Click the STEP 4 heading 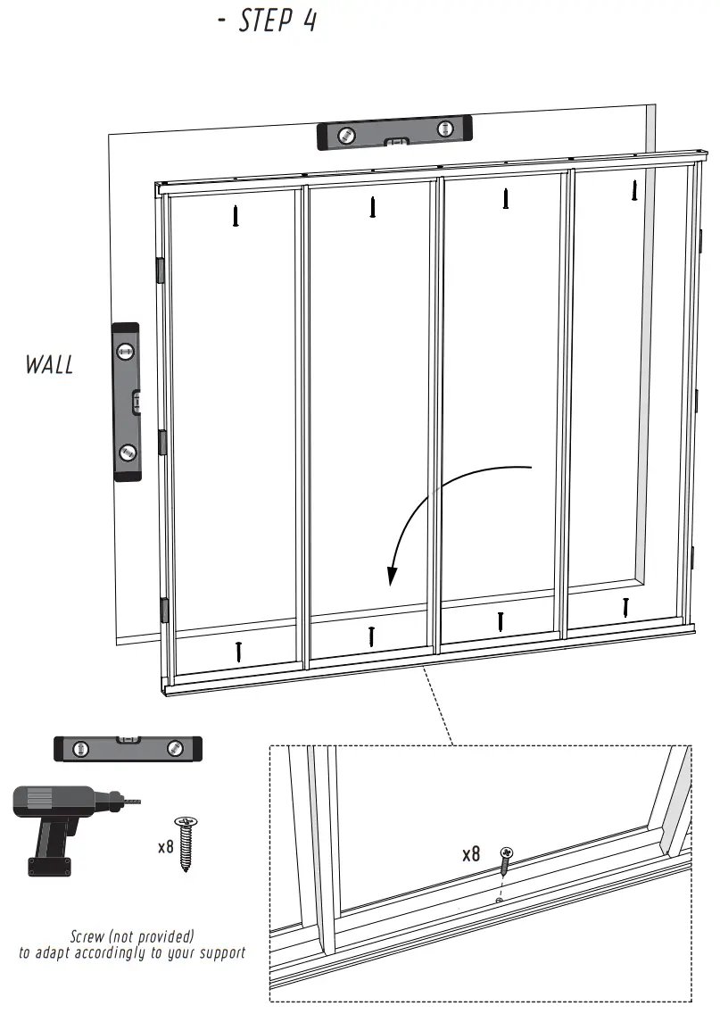268,21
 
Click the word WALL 49,364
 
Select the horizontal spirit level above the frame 393,134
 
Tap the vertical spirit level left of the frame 127,402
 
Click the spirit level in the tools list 128,748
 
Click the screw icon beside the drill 186,844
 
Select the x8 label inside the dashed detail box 471,854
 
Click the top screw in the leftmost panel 236,215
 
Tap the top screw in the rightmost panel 634,188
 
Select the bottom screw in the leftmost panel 238,651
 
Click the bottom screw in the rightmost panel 626,607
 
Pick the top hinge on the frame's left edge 161,270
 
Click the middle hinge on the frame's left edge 162,441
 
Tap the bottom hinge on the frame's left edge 164,610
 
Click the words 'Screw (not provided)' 132,936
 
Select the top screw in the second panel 372,207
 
